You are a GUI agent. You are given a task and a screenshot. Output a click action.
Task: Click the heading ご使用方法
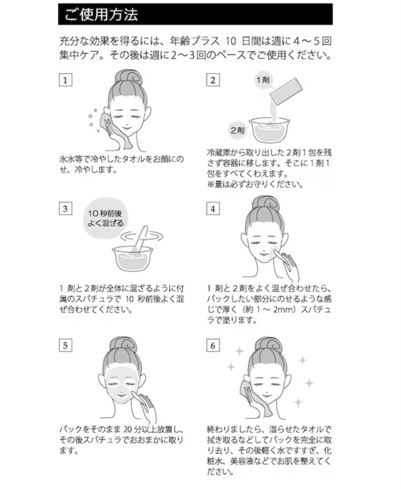101,15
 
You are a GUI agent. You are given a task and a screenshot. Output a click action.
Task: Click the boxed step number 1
66,81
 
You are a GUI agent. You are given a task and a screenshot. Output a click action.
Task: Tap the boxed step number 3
66,209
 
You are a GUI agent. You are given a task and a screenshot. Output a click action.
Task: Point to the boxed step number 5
66,345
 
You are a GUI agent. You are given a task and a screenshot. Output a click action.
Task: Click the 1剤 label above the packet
263,80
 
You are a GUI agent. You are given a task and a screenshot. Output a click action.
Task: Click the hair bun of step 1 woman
128,77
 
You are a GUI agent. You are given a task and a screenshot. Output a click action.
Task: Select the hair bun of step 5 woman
122,344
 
